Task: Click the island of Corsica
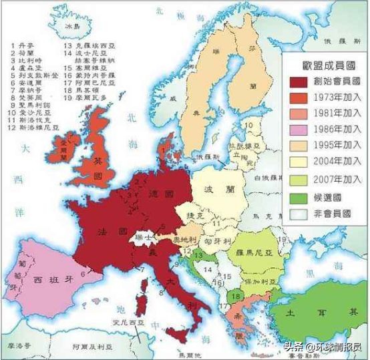point(141,289)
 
